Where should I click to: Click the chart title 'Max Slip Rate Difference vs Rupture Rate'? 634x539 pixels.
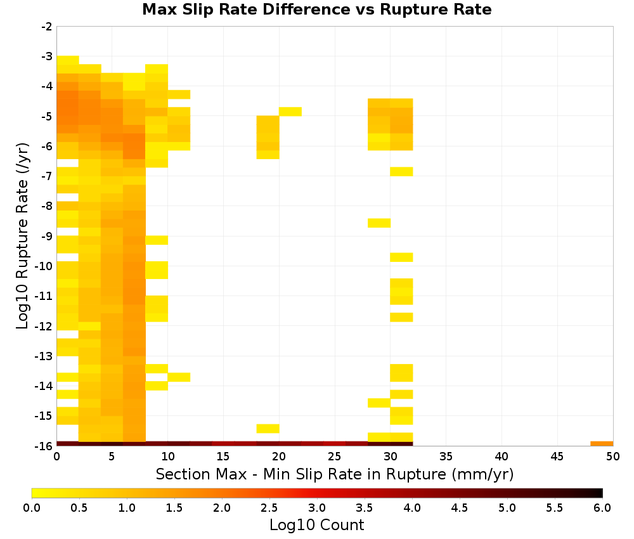316,10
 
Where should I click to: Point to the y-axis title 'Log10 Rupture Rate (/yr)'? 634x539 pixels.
23,236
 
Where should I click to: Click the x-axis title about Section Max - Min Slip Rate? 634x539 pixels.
335,474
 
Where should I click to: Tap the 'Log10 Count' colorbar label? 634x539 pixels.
316,525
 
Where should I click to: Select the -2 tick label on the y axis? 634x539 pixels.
47,27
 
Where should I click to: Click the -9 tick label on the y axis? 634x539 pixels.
47,236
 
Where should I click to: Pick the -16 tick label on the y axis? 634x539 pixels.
44,446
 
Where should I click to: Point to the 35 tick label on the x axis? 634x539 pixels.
446,457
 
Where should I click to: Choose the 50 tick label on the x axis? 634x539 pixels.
613,457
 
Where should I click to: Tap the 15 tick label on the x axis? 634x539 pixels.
223,457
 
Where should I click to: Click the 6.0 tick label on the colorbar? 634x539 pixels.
602,508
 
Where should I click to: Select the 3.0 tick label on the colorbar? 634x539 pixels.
317,508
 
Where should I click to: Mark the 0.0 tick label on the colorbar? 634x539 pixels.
32,508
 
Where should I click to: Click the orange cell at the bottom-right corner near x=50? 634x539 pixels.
602,444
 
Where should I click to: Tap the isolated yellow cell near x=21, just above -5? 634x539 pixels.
290,112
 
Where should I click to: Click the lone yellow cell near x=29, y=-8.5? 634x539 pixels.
379,223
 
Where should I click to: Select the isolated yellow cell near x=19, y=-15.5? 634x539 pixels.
268,429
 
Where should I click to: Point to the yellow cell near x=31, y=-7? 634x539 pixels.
401,171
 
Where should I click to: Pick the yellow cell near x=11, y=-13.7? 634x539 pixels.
179,377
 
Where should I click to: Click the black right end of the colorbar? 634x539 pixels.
600,493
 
